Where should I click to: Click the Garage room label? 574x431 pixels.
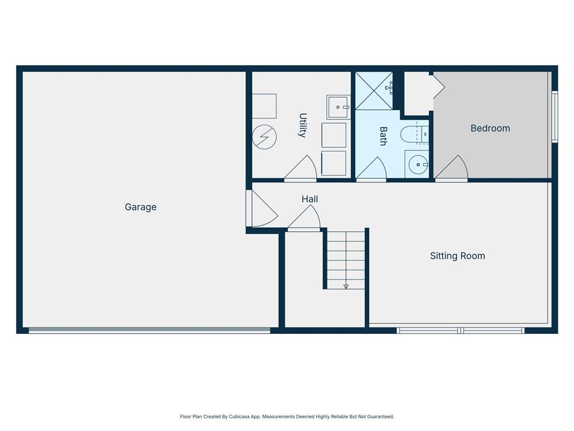pyautogui.click(x=140, y=207)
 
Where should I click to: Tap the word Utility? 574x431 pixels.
pyautogui.click(x=303, y=125)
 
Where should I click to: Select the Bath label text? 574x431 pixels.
pyautogui.click(x=383, y=136)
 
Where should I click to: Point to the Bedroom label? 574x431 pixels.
pyautogui.click(x=490, y=128)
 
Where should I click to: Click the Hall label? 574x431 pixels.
pyautogui.click(x=309, y=199)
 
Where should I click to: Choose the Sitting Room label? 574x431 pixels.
pyautogui.click(x=457, y=256)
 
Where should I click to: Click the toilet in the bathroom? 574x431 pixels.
pyautogui.click(x=414, y=135)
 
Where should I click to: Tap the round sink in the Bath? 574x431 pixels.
pyautogui.click(x=416, y=165)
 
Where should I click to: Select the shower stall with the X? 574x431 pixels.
pyautogui.click(x=373, y=91)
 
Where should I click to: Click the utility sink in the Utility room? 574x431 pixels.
pyautogui.click(x=338, y=107)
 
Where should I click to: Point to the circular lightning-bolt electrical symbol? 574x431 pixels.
pyautogui.click(x=264, y=136)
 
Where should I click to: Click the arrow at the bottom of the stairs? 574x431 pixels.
pyautogui.click(x=346, y=286)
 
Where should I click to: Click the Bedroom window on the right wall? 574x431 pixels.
pyautogui.click(x=555, y=117)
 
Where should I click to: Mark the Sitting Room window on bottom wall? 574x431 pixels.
pyautogui.click(x=460, y=331)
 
